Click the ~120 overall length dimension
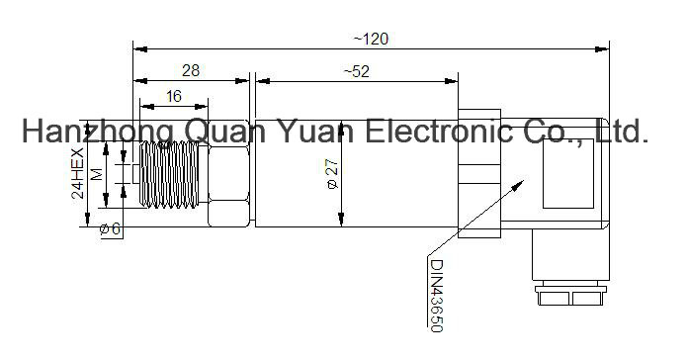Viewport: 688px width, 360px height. pos(371,40)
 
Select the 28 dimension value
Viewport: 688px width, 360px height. pos(191,70)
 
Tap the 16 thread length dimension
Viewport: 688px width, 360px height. pos(174,96)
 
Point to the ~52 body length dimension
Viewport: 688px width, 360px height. pos(356,71)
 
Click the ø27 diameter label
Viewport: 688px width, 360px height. pos(333,173)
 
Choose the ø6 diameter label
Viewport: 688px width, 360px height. pos(110,228)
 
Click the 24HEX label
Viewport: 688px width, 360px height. pos(78,173)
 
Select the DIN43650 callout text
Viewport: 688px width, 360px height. pos(437,296)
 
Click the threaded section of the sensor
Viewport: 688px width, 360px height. pos(169,174)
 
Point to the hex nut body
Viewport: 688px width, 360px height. pos(228,173)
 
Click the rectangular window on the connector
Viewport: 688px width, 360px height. pos(568,173)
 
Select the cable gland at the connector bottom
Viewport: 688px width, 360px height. pos(570,295)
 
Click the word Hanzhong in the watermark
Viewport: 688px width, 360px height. pos(98,132)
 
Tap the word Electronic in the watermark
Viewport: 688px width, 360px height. pos(438,131)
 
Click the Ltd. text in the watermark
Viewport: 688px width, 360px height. pos(623,131)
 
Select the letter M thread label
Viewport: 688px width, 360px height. pos(98,174)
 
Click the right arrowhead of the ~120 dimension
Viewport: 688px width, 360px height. pos(602,48)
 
